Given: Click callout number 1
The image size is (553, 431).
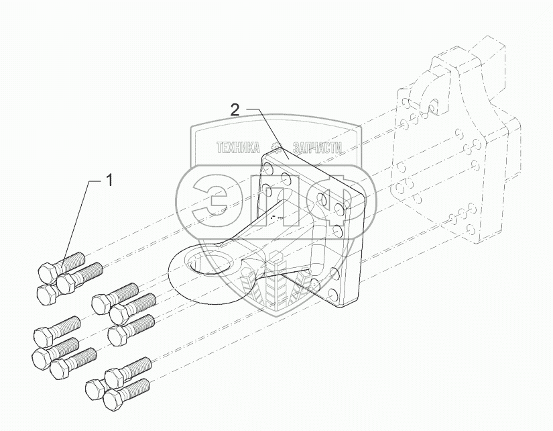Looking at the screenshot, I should [x=109, y=180].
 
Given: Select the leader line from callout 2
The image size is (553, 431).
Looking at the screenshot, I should [x=264, y=132].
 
